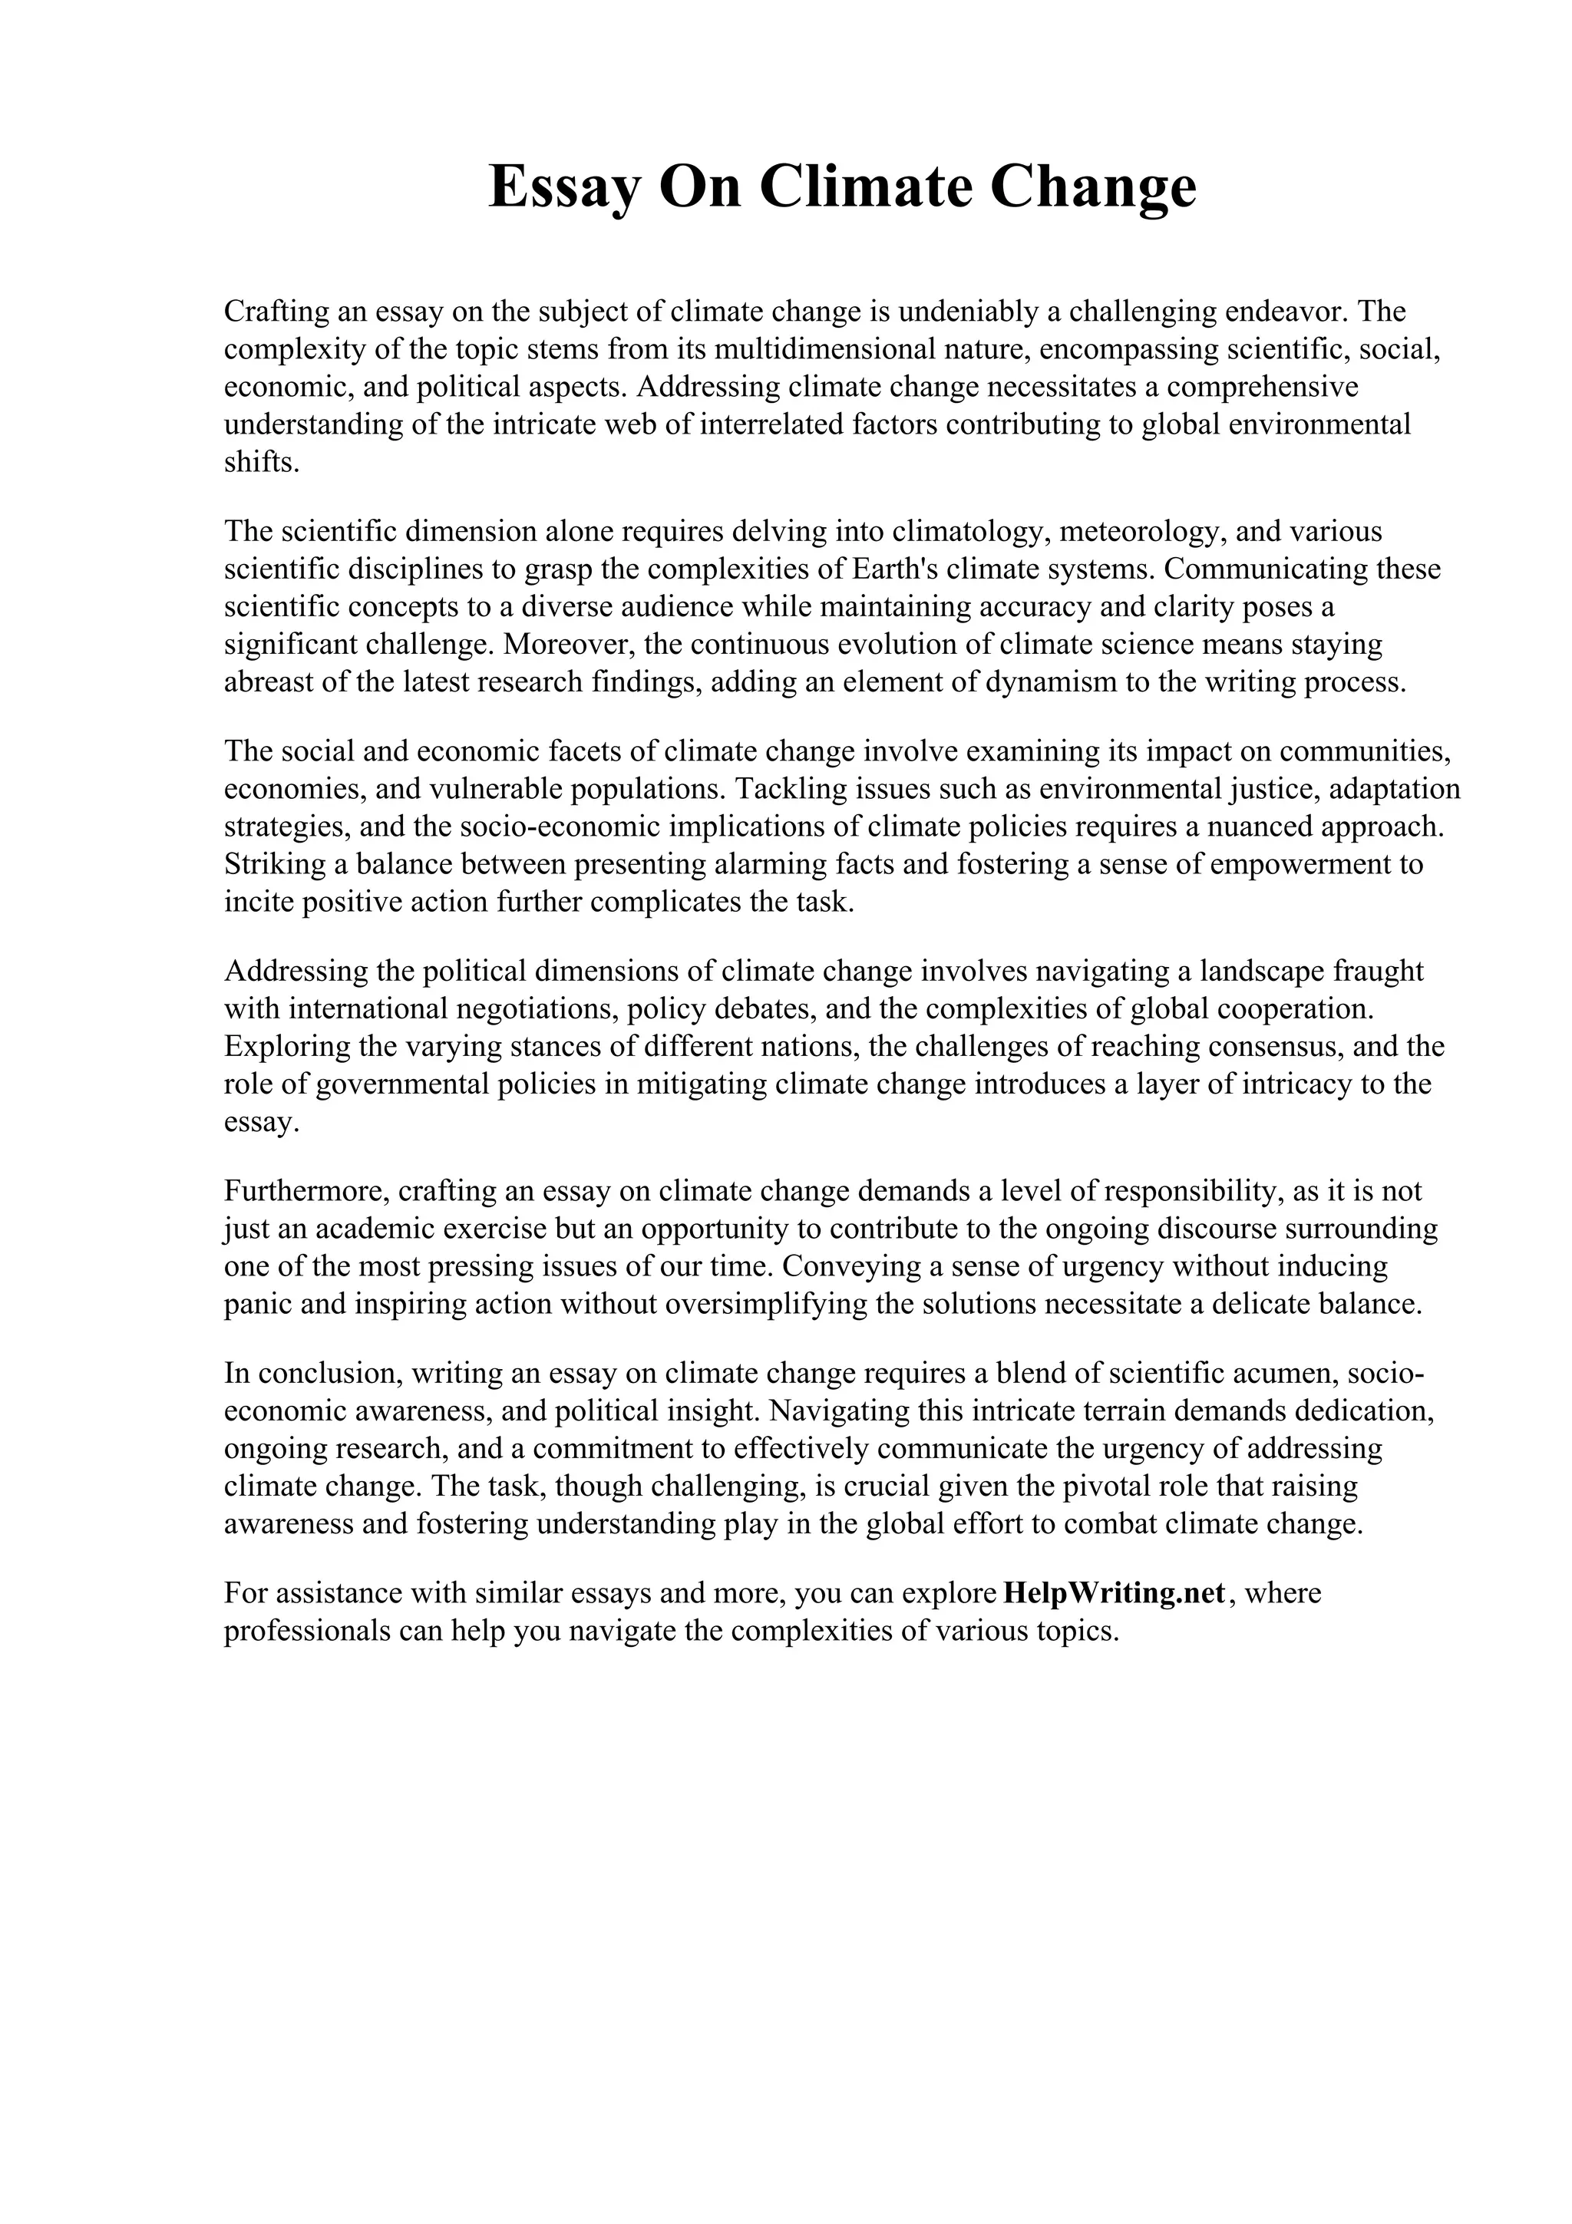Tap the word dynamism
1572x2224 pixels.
pos(1050,682)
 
